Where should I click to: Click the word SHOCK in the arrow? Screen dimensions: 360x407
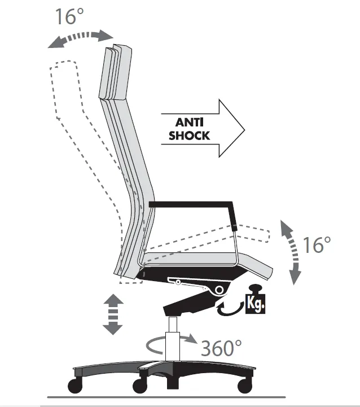[189, 135]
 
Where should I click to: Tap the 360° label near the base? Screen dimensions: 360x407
[221, 348]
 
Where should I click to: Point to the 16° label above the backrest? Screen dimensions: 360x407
[69, 16]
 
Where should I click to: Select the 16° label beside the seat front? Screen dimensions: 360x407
[317, 244]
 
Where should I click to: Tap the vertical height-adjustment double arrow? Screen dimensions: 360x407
[113, 314]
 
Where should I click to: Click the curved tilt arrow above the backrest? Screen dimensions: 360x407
[81, 38]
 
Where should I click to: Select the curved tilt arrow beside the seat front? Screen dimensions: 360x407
[291, 251]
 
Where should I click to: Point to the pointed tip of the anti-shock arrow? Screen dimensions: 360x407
[244, 129]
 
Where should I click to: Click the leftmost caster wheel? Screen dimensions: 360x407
[75, 386]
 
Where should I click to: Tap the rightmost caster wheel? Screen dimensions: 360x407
[245, 386]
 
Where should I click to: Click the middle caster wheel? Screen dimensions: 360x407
[140, 386]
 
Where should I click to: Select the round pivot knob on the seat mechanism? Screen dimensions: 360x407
[219, 290]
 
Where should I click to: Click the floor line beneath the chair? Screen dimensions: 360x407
[166, 397]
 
